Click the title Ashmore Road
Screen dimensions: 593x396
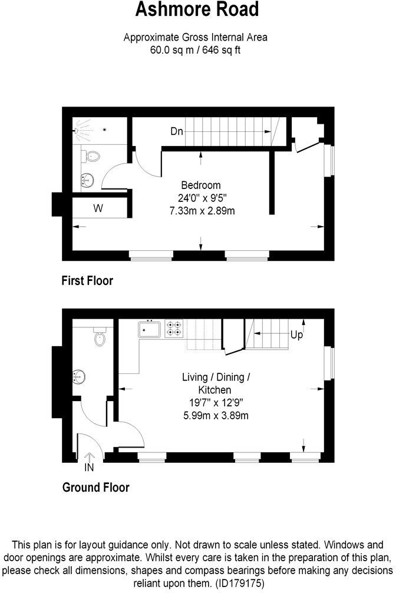tap(197, 10)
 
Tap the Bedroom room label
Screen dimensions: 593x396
tap(201, 184)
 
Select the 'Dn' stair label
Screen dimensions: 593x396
tap(176, 131)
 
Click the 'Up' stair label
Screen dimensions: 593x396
tap(297, 335)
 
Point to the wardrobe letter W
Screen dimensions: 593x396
tap(98, 208)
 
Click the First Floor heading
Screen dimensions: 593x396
tap(87, 281)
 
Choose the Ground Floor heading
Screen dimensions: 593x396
tap(95, 487)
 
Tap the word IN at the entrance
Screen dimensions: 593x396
tap(89, 468)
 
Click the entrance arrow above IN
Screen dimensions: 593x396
tap(90, 456)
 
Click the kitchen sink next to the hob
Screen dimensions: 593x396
tap(150, 329)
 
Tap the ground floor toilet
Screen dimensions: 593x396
tap(100, 338)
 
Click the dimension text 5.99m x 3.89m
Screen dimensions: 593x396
tap(215, 416)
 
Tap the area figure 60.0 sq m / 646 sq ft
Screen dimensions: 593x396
tap(195, 49)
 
